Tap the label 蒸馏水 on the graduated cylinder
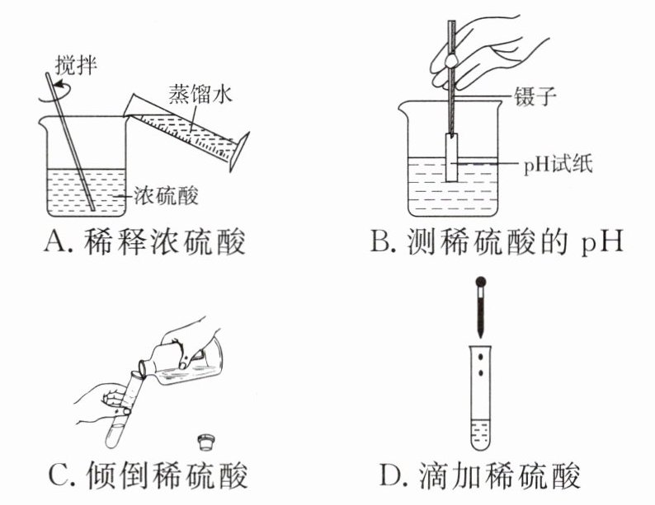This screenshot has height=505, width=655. pyautogui.click(x=199, y=92)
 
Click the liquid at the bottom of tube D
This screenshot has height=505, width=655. pyautogui.click(x=479, y=433)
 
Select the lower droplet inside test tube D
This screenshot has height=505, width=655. pyautogui.click(x=479, y=378)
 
